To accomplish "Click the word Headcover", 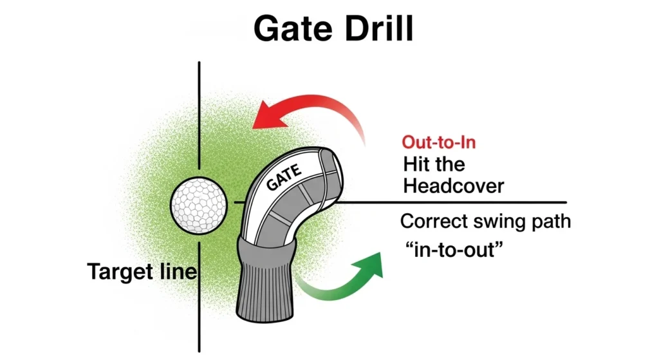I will (x=453, y=185).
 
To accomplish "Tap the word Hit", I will (x=418, y=164).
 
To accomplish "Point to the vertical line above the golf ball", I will (x=200, y=116).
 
